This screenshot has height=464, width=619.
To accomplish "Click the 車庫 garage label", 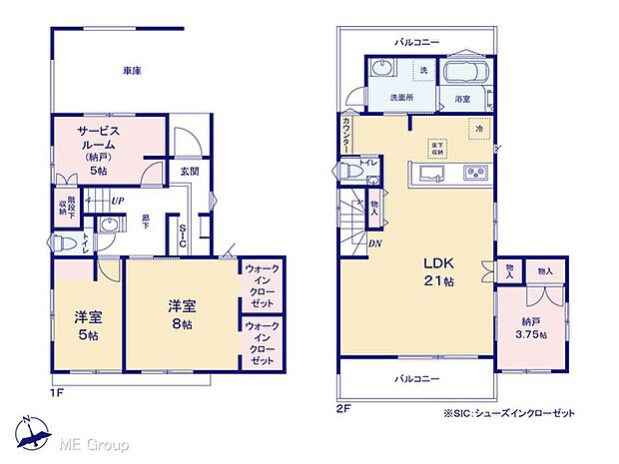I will point(131,71).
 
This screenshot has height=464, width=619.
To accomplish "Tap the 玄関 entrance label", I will point(189,171).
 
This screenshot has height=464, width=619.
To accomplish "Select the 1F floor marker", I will point(57,393).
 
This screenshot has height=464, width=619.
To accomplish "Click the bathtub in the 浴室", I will point(462,74).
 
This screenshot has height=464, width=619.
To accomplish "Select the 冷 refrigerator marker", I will point(478,129).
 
